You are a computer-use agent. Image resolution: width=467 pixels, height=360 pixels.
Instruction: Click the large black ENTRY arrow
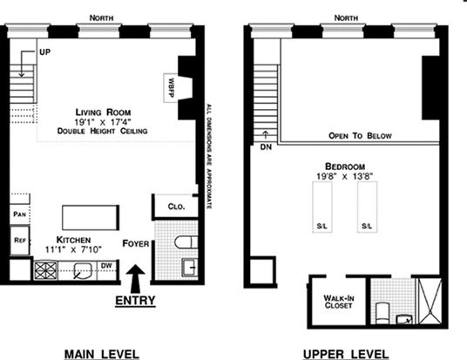[135, 279]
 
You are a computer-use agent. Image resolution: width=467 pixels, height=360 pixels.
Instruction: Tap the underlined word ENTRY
[135, 301]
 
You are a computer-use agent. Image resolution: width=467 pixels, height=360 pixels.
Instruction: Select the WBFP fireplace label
[171, 88]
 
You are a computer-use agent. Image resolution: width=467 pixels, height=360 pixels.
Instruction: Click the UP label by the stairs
[45, 51]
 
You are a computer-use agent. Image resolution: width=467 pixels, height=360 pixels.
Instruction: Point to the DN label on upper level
[266, 147]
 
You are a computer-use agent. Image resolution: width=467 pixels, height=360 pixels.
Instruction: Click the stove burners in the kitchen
[45, 270]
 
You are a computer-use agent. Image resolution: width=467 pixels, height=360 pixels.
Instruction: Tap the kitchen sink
[82, 271]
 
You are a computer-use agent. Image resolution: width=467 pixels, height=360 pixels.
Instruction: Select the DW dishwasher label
[106, 266]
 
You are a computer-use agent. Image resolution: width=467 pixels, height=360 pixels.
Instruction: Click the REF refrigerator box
[20, 241]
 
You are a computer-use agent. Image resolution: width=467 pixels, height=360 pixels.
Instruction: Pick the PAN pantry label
[20, 214]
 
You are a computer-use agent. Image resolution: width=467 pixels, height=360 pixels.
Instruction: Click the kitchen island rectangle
[91, 218]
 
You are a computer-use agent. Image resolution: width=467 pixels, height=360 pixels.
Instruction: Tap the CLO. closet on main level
[176, 207]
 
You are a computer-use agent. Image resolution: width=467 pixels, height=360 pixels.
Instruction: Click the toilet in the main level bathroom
[186, 242]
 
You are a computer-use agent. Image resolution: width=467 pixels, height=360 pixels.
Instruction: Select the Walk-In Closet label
[339, 302]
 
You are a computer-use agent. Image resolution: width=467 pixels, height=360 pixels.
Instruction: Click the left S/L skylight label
[322, 226]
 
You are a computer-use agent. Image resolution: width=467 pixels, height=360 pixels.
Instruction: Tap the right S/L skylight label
[367, 226]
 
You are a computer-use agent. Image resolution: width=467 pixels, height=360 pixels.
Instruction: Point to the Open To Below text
[360, 136]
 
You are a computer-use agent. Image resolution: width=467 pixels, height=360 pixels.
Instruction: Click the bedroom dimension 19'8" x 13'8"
[345, 176]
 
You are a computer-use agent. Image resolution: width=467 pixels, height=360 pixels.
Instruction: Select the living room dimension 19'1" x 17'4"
[103, 122]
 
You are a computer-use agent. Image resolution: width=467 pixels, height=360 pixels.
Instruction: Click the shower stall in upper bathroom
[430, 301]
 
